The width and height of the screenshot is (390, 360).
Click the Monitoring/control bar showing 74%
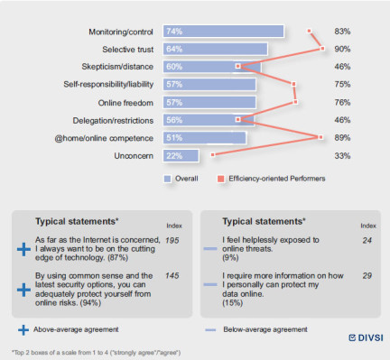224,32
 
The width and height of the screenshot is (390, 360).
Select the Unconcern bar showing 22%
181,156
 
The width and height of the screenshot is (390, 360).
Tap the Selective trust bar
216,49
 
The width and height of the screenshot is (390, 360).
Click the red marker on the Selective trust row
322,49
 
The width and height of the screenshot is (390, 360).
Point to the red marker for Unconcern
213,155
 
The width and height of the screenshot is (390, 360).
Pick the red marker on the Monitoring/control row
309,31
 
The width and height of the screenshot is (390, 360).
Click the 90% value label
342,49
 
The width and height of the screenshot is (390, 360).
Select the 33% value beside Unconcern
342,156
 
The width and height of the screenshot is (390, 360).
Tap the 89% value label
342,138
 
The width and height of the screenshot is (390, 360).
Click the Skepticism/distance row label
117,67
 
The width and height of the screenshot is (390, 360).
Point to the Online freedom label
125,103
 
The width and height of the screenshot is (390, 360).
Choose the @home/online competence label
104,138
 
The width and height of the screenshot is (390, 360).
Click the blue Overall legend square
167,179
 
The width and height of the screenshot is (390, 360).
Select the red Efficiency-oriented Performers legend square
221,179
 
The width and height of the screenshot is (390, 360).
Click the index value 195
172,240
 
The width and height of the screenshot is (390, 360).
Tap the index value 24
367,240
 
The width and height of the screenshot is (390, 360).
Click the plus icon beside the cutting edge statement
23,249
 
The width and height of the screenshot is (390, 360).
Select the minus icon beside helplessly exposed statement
210,249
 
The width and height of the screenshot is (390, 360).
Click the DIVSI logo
366,337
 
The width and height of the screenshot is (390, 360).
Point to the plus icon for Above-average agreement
23,330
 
